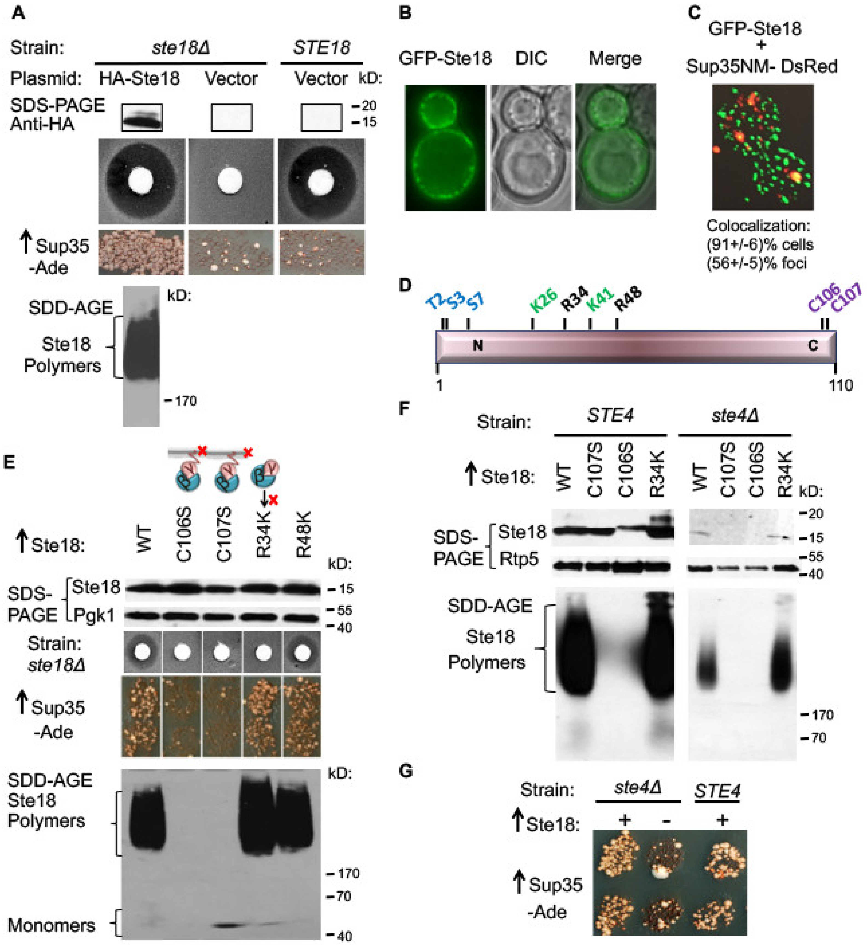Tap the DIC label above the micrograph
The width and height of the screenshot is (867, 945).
(x=531, y=58)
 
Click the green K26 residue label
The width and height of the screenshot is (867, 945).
(x=543, y=300)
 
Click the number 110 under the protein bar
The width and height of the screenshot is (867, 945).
(x=840, y=385)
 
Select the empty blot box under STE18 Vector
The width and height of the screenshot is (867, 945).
(x=321, y=117)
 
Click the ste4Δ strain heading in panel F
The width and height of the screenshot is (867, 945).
(x=735, y=415)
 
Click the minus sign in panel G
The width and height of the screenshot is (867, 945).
(x=667, y=821)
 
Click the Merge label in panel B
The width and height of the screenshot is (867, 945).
(x=615, y=58)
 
